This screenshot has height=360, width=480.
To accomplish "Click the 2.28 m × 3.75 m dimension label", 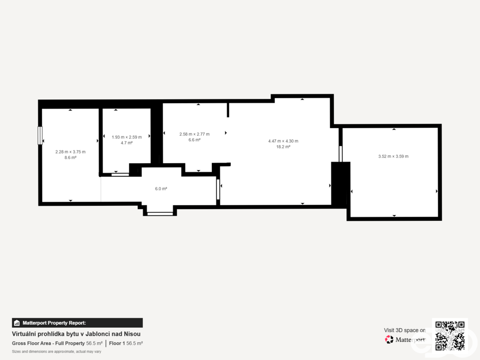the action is [70, 152].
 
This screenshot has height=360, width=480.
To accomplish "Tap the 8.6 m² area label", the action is [70, 157].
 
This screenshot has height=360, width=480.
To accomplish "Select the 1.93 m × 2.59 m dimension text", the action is [127, 137].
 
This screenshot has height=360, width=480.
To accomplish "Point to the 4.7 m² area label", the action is [127, 143].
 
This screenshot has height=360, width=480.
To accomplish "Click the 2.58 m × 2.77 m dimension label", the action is [195, 134].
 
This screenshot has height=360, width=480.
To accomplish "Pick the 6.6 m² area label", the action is [195, 140].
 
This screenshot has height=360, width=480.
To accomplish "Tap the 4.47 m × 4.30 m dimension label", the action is [283, 141].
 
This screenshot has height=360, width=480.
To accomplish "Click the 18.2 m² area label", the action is [283, 147].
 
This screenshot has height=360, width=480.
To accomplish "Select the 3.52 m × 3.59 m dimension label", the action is [393, 157].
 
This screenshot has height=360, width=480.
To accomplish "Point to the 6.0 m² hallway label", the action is [161, 189].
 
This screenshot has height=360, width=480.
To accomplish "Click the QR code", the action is [450, 336].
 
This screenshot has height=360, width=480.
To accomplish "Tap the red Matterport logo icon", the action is [389, 339].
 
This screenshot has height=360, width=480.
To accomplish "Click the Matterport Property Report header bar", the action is [77, 323].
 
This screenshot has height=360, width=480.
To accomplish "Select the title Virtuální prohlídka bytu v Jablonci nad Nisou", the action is [76, 334].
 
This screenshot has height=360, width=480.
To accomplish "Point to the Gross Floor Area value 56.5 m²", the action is [94, 344].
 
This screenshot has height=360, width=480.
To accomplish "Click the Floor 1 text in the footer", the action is [117, 344].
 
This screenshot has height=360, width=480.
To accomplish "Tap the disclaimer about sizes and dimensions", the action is [57, 352].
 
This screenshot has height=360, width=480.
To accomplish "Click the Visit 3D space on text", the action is [405, 330].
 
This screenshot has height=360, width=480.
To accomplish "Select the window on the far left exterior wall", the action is [40, 135].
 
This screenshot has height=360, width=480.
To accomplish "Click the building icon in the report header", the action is [17, 323].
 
